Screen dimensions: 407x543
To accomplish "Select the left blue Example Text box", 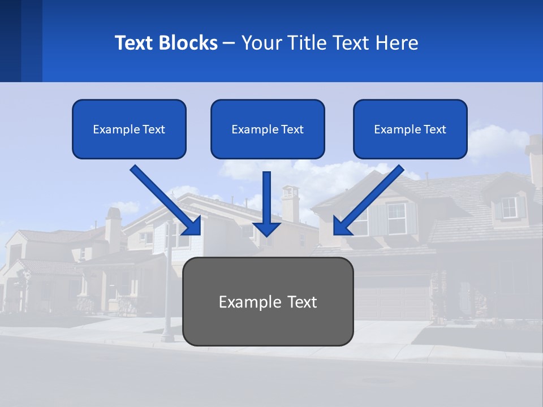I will coord(129,129).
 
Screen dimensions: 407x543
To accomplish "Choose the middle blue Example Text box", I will coord(268,129).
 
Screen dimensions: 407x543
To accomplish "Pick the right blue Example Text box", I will coord(410,129).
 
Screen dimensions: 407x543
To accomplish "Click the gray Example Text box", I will coord(268,301).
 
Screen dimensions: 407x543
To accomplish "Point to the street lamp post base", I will coord(167,337).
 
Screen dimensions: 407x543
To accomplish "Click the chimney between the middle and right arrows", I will coord(290,203).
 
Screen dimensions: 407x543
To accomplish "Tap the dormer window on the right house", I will coord(509,207).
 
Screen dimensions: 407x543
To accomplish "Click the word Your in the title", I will coord(262,43).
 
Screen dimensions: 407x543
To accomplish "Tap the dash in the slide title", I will coord(229,44).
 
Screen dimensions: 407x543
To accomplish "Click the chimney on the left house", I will coord(114,229).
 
